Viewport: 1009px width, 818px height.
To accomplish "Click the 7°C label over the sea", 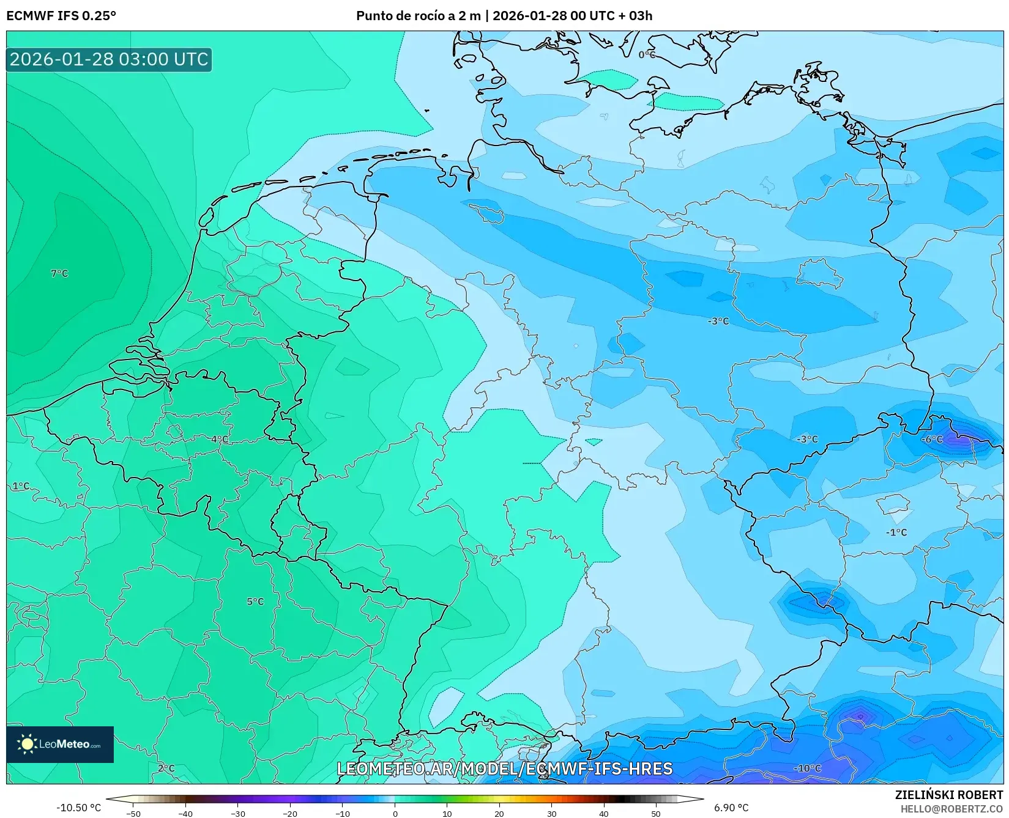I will (59, 273).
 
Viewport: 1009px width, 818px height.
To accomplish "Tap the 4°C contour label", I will (220, 440).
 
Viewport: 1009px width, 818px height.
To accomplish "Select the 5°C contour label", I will (255, 602).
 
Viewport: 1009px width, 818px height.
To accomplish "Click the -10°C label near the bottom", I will (807, 768).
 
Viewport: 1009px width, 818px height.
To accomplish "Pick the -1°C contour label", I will (896, 532).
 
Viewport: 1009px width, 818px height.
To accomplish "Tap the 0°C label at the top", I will (647, 55).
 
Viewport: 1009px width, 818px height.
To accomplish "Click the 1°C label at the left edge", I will (21, 486).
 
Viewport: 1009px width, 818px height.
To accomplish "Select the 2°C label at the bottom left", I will (166, 768).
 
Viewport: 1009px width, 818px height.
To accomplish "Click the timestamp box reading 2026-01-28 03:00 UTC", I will (109, 59).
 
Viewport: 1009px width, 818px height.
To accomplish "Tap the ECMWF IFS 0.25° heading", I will (61, 16).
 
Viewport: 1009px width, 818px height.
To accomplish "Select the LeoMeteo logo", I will (60, 744).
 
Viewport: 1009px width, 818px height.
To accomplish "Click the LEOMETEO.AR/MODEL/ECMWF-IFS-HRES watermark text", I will (504, 768).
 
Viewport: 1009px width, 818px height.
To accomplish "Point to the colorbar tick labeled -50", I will (133, 813).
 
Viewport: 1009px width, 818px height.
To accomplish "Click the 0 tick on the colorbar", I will (395, 813).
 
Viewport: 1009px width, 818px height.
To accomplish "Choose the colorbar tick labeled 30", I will (551, 813).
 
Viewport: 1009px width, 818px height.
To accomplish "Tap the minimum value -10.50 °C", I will (78, 808).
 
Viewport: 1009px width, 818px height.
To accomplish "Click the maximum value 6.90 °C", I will (731, 808).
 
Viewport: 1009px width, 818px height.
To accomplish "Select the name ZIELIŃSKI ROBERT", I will (948, 795).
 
